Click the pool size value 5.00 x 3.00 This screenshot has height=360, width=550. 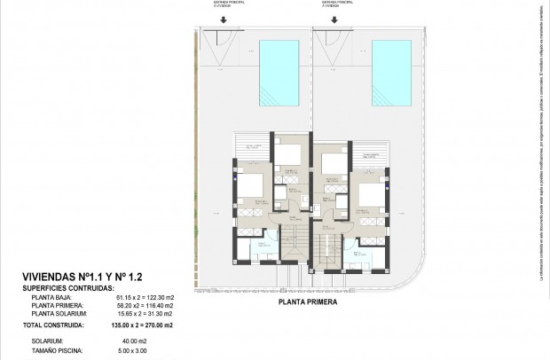(x=132, y=351)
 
